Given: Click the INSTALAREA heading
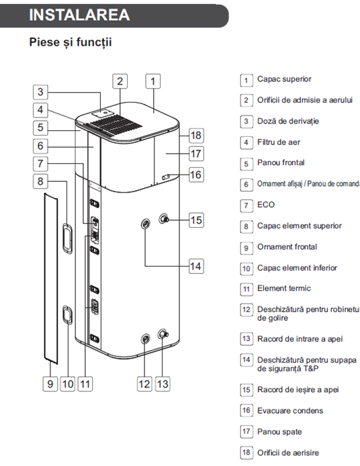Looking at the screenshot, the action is point(79,15).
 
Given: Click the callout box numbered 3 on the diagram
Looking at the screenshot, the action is point(40,92).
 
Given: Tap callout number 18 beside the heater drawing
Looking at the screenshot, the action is point(196,135).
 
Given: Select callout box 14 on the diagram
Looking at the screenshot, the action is point(196,266).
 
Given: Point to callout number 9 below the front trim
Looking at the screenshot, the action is point(50,383).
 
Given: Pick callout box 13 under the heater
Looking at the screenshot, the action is point(163,383).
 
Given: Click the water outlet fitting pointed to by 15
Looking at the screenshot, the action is point(163,219).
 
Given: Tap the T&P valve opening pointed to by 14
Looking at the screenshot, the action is point(146,224).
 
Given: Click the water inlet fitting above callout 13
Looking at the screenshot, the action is point(163,334).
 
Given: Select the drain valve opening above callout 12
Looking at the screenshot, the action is point(145,339).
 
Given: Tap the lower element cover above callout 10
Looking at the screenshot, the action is point(67,315).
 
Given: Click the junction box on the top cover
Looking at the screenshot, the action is point(103,113).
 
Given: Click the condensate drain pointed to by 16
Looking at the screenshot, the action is point(166,177).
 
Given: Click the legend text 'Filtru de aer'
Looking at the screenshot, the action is point(279,142).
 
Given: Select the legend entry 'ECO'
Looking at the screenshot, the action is point(266,205).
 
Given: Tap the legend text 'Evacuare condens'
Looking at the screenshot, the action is point(290,411).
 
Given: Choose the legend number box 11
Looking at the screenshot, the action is point(246,289).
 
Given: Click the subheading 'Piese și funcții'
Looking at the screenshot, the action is point(71,42).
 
